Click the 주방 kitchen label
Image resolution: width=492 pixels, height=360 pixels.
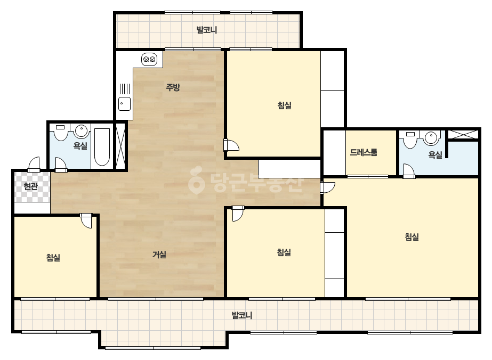(173, 87)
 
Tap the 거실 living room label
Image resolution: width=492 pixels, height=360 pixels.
(159, 255)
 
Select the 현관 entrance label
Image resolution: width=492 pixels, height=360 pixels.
(31, 186)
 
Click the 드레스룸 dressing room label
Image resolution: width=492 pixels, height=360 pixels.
(364, 152)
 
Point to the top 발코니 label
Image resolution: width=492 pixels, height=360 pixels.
(207, 30)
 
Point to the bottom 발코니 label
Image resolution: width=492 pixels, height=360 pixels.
(242, 315)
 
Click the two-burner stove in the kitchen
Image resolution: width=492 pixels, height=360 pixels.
(149, 59)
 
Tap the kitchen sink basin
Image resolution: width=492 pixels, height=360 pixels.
(124, 104)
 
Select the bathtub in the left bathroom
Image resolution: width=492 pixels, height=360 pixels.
(102, 146)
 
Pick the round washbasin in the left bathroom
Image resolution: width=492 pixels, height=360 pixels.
(81, 131)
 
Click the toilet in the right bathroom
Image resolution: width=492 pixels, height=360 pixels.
(410, 140)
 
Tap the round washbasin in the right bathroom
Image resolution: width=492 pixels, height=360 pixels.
(431, 138)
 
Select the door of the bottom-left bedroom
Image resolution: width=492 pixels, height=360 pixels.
(86, 220)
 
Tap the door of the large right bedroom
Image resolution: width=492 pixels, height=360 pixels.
(327, 187)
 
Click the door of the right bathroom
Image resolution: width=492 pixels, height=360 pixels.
(409, 171)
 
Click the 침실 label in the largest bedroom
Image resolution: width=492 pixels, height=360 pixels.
(412, 236)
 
